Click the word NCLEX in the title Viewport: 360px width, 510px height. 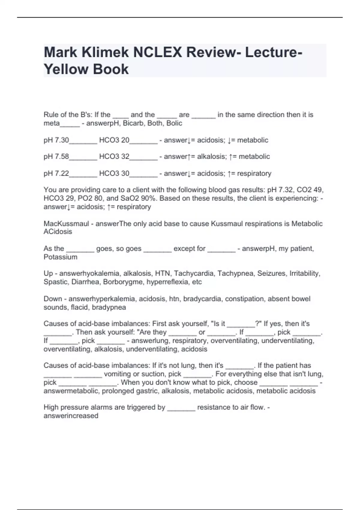(x=157, y=52)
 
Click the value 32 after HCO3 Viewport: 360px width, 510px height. (x=125, y=157)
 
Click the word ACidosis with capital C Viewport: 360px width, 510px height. (x=58, y=232)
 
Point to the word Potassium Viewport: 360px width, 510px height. (x=60, y=257)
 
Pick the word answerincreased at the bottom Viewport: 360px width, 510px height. (x=71, y=416)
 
